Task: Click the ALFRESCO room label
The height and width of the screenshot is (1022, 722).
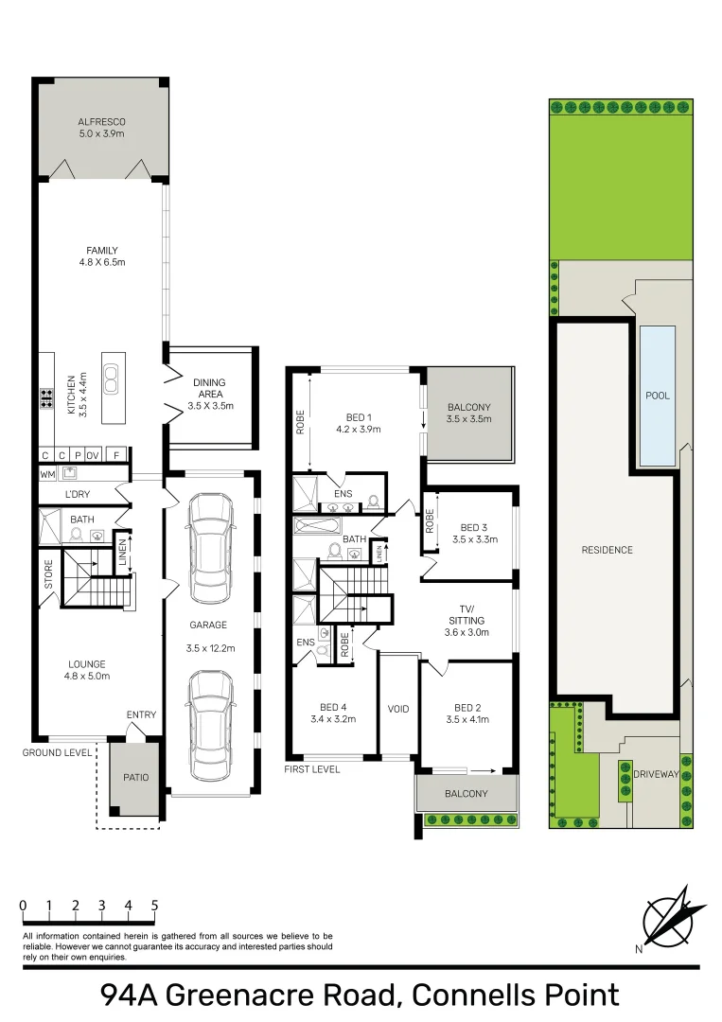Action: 101,122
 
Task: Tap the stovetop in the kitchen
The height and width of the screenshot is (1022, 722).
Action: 46,398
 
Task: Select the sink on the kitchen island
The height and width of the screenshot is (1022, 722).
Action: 111,380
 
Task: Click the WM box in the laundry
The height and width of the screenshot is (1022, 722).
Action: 47,474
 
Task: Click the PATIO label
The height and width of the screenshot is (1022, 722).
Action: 135,777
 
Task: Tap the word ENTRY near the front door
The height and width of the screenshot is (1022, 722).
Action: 141,714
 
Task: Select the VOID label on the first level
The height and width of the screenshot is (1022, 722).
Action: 398,709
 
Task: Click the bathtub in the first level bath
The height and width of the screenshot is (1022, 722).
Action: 317,525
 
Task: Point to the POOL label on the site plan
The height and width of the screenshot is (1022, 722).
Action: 658,395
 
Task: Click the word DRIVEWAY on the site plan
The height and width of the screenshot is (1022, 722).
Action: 656,774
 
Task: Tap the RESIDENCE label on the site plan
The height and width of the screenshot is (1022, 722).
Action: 607,550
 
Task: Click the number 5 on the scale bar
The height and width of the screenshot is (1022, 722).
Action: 154,906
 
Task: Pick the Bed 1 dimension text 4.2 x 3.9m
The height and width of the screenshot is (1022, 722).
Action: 359,429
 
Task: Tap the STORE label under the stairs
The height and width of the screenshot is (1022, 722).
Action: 48,574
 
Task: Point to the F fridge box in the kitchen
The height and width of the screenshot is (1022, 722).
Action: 116,455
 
